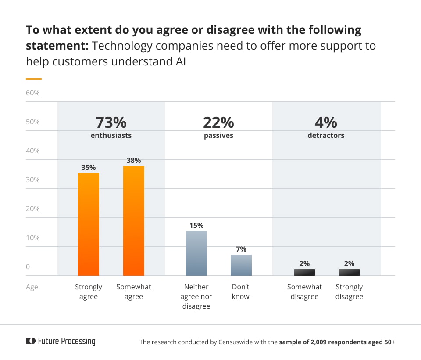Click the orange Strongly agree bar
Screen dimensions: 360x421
point(89,224)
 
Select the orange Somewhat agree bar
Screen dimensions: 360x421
point(134,220)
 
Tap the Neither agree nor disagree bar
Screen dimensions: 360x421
point(196,253)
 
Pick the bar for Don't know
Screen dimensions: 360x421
point(241,265)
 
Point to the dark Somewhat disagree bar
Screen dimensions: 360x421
point(304,272)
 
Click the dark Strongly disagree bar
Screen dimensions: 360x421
point(349,272)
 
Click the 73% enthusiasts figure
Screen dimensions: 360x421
point(111,122)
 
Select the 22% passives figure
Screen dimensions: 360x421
point(218,122)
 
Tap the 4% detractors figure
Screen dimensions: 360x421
point(326,122)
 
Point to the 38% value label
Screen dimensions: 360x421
point(134,161)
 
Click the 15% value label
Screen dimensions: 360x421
point(196,225)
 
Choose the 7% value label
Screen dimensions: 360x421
point(241,249)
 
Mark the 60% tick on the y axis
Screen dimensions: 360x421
point(33,93)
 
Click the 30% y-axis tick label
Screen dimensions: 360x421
point(33,180)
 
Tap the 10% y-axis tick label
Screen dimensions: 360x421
point(33,238)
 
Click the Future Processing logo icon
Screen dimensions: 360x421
point(30,341)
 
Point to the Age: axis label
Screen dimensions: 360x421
point(33,287)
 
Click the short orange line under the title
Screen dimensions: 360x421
point(34,79)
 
